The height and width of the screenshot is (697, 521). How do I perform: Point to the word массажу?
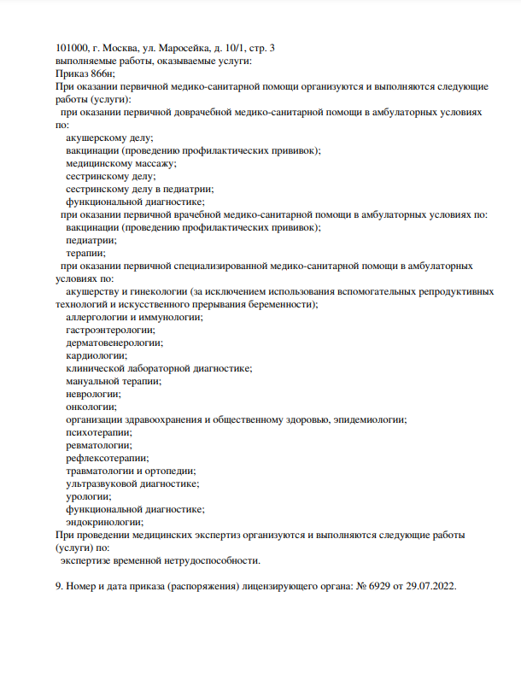click(x=151, y=163)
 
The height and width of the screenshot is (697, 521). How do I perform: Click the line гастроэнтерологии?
click(x=110, y=330)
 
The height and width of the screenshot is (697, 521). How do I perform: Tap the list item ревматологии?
click(x=99, y=445)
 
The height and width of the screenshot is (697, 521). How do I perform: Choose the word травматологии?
click(x=104, y=471)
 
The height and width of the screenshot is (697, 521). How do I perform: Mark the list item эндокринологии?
click(x=104, y=522)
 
